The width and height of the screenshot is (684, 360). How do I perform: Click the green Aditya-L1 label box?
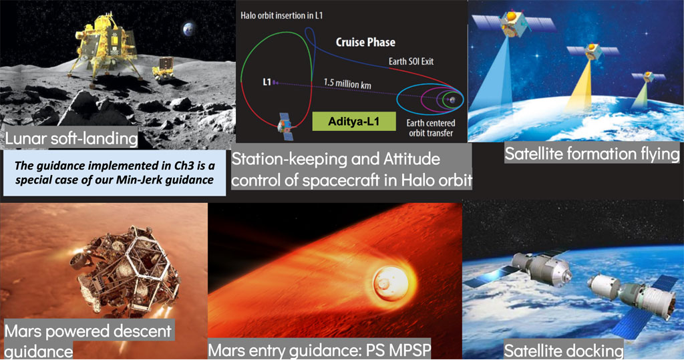click(x=354, y=122)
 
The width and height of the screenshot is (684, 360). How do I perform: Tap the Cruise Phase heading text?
click(x=365, y=42)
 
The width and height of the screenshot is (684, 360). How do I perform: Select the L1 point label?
click(x=267, y=81)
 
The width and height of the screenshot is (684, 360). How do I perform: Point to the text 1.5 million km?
click(x=347, y=83)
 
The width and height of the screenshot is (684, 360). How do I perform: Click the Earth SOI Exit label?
click(x=411, y=61)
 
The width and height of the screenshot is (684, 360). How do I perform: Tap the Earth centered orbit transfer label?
click(x=431, y=128)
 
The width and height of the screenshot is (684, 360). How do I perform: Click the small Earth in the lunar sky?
click(x=189, y=29)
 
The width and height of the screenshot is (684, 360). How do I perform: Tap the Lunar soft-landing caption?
click(x=71, y=138)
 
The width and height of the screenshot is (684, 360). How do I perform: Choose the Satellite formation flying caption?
click(x=592, y=154)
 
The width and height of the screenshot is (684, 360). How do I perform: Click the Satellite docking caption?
click(x=564, y=351)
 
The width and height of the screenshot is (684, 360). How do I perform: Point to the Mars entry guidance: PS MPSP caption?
click(x=319, y=349)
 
